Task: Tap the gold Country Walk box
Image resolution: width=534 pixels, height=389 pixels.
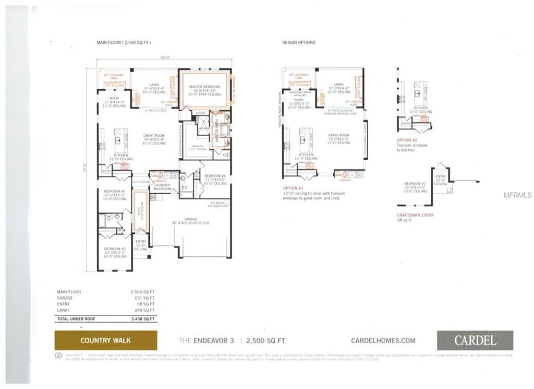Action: click(105, 340)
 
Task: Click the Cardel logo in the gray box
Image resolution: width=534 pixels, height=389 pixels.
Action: click(475, 340)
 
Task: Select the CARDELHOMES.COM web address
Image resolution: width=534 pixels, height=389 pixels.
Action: click(383, 340)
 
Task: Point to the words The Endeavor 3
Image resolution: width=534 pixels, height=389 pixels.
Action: click(207, 340)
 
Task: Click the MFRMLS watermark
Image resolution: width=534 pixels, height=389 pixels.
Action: click(517, 195)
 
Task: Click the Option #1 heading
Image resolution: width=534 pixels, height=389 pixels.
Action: click(293, 188)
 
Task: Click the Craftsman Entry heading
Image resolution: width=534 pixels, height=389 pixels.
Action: click(415, 215)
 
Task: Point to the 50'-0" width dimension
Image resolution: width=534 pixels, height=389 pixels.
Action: click(165, 57)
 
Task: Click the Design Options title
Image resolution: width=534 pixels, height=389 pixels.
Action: click(298, 42)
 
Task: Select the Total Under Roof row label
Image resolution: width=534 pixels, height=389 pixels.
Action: click(76, 319)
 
